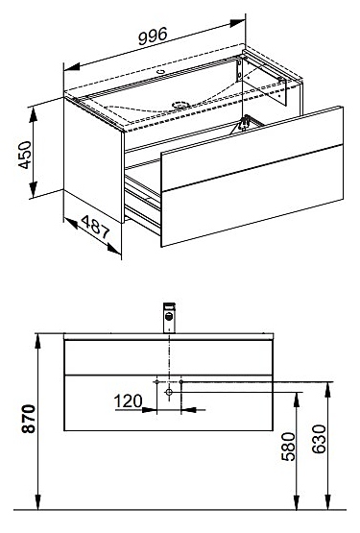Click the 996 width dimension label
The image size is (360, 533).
click(153, 36)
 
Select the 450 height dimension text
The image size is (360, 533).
click(25, 155)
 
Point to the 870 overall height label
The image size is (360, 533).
click(28, 419)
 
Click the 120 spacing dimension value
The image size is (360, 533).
click(128, 401)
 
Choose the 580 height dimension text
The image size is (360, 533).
click(289, 447)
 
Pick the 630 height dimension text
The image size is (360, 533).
click(319, 439)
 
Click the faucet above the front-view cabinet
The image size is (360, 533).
click(169, 318)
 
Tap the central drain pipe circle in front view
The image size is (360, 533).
click(169, 392)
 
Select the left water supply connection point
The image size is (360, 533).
click(156, 382)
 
